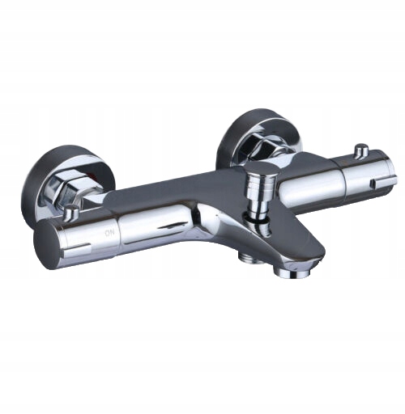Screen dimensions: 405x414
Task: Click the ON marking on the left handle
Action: [x=109, y=233]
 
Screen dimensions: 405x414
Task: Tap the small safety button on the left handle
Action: [x=70, y=211]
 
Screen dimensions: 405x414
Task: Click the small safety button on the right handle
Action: [x=361, y=150]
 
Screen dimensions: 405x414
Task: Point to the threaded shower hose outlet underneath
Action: [x=248, y=256]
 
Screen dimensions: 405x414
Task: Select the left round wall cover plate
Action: [x=69, y=185]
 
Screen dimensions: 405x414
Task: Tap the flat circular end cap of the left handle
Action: [x=46, y=244]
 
